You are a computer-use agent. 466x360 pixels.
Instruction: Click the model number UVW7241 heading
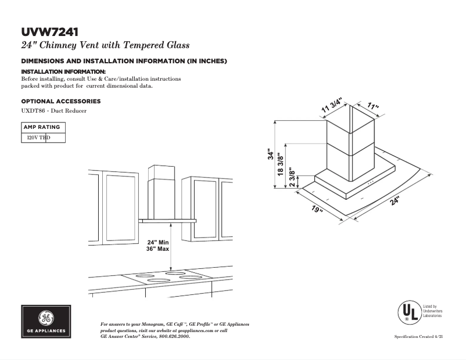[x=50, y=31]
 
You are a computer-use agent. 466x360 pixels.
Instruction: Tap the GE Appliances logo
[x=46, y=322]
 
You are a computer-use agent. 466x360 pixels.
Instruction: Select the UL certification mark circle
[x=407, y=312]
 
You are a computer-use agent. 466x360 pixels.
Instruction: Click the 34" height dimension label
[x=271, y=154]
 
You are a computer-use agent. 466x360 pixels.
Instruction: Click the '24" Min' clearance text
[x=157, y=242]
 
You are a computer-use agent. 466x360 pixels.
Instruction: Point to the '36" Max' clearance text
[x=157, y=249]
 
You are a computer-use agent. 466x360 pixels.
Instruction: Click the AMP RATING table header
[x=41, y=127]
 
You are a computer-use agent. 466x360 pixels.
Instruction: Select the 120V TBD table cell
[x=38, y=138]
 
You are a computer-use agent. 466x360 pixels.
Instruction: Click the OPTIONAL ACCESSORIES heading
[x=60, y=101]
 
